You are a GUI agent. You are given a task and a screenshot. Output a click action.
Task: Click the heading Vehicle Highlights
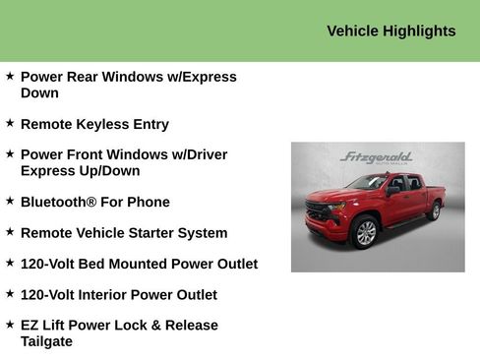pos(390,30)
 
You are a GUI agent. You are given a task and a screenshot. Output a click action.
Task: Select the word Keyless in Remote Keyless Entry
pos(103,124)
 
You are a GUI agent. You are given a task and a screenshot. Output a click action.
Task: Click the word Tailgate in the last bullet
pos(46,340)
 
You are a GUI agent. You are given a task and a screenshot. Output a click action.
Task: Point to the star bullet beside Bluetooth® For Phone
pos(10,201)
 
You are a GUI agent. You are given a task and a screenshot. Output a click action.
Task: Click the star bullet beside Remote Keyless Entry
pos(10,123)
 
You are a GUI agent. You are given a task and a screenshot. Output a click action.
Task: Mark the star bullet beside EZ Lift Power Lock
pos(10,324)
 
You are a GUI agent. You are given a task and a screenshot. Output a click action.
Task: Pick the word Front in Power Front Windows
pos(89,154)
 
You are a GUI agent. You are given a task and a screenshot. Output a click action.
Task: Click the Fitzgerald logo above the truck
pos(376,157)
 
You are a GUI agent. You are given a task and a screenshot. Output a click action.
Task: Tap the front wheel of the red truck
pos(365,231)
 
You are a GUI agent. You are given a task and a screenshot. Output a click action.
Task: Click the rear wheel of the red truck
pos(434,210)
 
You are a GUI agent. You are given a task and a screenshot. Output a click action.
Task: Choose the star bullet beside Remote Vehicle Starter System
pos(10,232)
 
